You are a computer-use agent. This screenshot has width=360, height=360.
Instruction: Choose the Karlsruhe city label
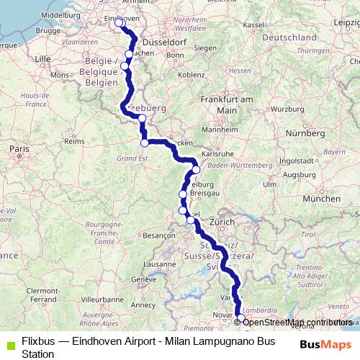click(x=216, y=154)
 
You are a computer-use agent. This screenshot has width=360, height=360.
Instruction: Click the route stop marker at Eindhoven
click(x=120, y=23)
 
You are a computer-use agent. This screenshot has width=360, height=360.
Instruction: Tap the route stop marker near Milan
click(x=240, y=319)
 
